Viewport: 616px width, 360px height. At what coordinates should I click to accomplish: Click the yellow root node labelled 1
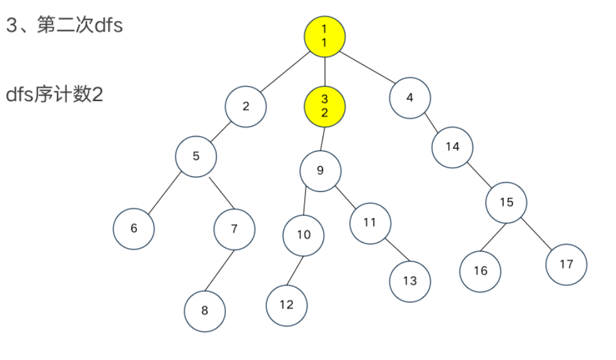tap(324, 35)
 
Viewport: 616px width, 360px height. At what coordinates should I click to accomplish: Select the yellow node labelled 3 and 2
tap(324, 106)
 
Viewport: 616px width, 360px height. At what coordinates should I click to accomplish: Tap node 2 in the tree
tap(246, 106)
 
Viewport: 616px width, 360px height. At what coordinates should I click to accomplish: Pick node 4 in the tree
tap(410, 98)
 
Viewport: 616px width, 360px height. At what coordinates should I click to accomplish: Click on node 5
tap(196, 156)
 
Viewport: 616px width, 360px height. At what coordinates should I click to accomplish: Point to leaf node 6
tap(134, 229)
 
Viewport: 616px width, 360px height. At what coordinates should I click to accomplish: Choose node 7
tap(234, 229)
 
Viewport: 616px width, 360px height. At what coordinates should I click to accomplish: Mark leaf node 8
tap(204, 311)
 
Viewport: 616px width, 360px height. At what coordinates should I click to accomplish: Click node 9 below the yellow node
tap(320, 170)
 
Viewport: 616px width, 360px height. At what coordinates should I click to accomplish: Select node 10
tap(304, 235)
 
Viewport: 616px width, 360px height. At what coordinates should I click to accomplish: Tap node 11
tap(370, 223)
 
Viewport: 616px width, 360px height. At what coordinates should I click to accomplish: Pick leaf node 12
tap(287, 305)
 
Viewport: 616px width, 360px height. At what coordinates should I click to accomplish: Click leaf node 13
tap(410, 281)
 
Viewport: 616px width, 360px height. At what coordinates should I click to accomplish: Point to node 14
tap(453, 147)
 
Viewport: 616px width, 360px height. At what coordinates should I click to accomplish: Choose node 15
tap(506, 202)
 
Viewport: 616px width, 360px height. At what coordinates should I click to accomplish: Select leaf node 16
tap(480, 271)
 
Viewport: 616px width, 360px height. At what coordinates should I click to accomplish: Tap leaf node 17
tap(566, 264)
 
